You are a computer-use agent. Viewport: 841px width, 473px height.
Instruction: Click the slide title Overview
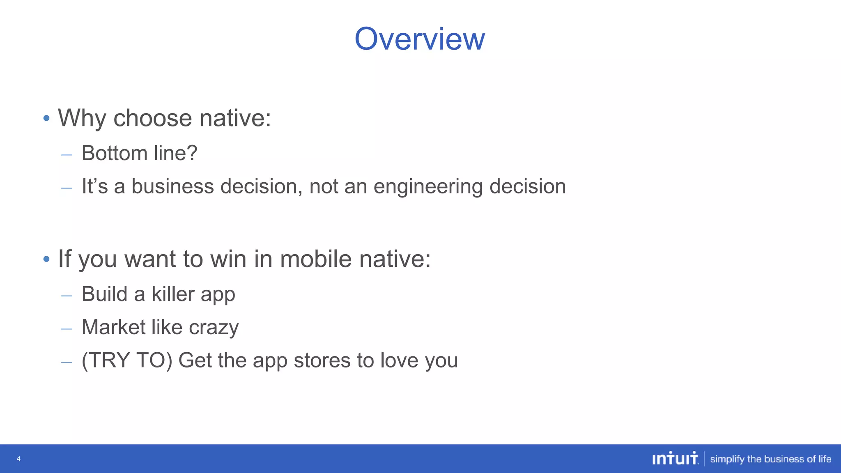coord(420,39)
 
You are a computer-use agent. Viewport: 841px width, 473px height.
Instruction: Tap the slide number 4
coord(18,459)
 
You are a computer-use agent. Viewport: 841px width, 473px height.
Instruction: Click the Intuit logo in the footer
coord(675,458)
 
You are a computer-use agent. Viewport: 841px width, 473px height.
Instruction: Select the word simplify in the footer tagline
coord(727,459)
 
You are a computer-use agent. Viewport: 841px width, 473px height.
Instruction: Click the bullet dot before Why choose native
coord(46,119)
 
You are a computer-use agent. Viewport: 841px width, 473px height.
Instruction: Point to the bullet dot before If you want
coord(46,259)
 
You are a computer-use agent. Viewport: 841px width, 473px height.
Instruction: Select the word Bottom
coord(114,153)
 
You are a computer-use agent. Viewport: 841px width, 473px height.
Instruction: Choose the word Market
coord(113,327)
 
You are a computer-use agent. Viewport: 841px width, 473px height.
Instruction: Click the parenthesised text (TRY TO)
coord(127,360)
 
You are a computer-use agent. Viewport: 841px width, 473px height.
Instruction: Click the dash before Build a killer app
coord(67,295)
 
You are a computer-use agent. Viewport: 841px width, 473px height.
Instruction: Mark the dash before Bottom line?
coord(67,155)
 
